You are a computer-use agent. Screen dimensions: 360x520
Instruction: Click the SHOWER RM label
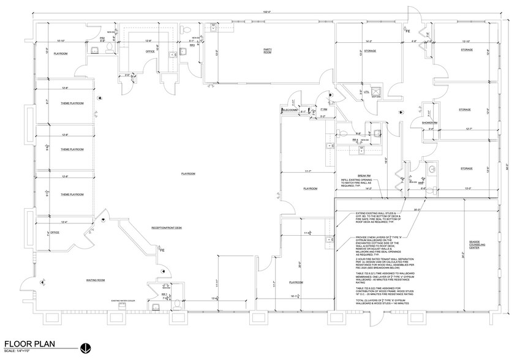(x=429, y=122)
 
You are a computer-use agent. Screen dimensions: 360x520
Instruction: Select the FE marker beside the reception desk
(x=162, y=251)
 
